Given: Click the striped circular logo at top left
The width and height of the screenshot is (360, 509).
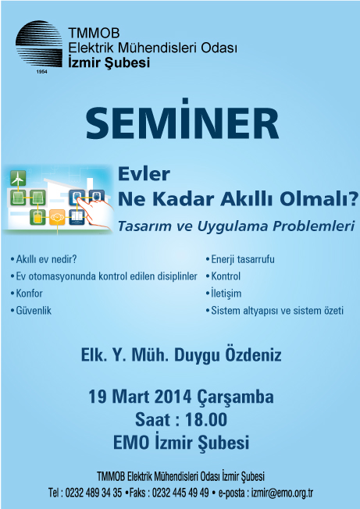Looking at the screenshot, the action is coord(39,44).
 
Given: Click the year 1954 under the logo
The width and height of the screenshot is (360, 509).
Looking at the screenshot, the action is coord(41,72).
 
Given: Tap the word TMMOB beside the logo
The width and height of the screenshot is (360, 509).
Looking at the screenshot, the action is coord(94,33).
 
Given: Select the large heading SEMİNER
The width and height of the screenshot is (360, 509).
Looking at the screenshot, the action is coord(182,122).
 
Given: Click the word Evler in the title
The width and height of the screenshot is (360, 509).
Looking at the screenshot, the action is coord(144,174).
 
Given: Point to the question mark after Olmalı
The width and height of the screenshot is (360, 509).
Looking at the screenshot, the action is coord(354,198).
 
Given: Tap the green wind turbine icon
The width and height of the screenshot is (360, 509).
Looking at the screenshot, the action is coord(18,178).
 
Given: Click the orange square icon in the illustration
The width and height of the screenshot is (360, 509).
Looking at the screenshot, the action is coord(57,217).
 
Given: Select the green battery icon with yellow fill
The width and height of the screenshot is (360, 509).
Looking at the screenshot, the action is coord(37,217).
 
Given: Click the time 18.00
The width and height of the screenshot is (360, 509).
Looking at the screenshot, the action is coord(206,420).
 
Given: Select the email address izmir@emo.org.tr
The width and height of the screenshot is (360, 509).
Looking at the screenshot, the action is coord(282,493).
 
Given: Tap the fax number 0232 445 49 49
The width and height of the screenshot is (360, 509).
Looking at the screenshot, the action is coord(180,493).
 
